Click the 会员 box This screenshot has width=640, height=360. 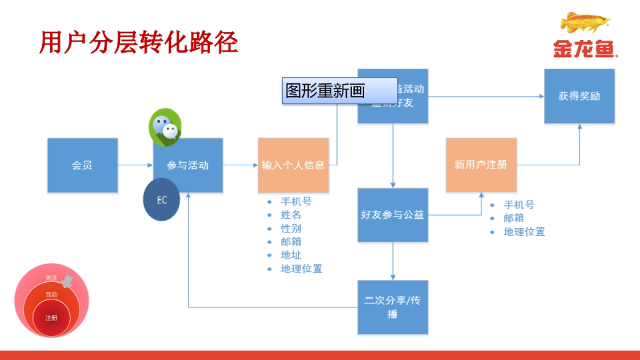click(x=82, y=165)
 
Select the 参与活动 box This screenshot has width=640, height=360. click(x=188, y=165)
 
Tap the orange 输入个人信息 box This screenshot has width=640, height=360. click(x=293, y=165)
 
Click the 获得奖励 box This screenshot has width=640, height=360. click(x=579, y=96)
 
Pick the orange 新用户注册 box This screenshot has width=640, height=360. click(x=481, y=165)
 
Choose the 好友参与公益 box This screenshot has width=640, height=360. click(x=393, y=215)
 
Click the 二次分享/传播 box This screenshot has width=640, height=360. click(x=393, y=307)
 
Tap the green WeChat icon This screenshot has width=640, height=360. click(x=164, y=126)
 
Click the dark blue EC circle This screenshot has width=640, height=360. click(x=162, y=201)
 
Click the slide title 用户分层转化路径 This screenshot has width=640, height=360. click(x=138, y=42)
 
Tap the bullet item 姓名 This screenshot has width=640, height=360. click(x=291, y=215)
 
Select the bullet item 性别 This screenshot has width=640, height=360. click(x=291, y=228)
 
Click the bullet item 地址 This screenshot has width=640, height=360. click(x=291, y=255)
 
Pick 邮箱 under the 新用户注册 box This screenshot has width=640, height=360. click(x=514, y=218)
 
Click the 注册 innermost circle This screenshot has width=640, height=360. click(x=51, y=318)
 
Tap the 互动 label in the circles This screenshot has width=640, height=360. click(x=51, y=294)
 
